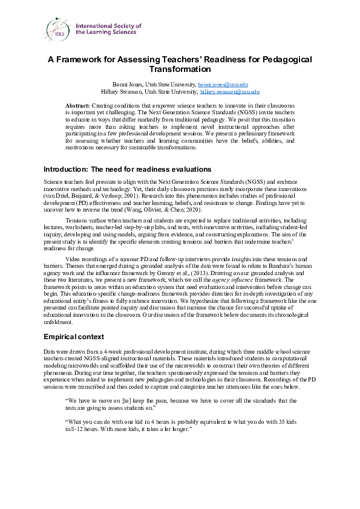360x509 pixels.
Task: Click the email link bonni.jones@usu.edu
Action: pos(223,84)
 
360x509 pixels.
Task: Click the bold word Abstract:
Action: pos(77,106)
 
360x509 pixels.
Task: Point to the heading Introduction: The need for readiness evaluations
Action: pos(128,169)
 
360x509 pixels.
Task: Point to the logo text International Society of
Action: pos(108,27)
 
